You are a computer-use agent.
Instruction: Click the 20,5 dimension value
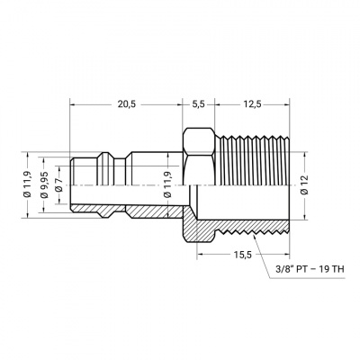click(127, 104)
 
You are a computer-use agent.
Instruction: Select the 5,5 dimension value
click(198, 104)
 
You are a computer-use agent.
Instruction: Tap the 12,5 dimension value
click(252, 104)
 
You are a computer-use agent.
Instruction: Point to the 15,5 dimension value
click(243, 255)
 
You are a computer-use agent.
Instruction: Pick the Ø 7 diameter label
click(58, 184)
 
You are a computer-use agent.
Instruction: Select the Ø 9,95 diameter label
click(45, 184)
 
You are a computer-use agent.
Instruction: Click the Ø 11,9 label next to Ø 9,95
click(28, 184)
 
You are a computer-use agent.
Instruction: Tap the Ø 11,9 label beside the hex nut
click(168, 184)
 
